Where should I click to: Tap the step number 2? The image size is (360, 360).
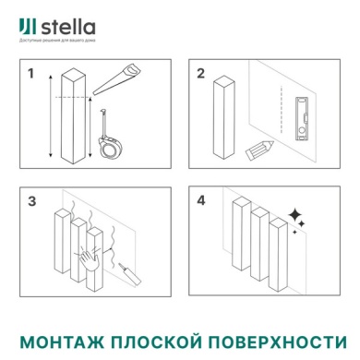coord(200,73)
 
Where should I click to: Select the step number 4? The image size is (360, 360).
coord(200,200)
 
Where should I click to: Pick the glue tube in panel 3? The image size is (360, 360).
coord(126,274)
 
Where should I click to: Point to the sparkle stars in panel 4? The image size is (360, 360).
coord(297,218)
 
